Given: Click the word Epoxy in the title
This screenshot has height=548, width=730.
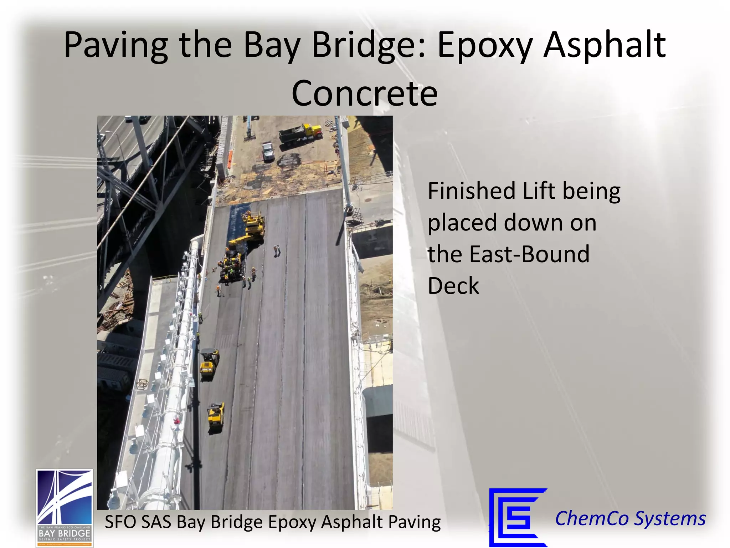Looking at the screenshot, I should tap(485, 46).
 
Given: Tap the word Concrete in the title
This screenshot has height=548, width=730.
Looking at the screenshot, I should tap(364, 93).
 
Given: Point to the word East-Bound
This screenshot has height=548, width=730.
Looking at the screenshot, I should tap(529, 254).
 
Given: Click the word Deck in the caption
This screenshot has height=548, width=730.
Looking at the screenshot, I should tap(453, 286).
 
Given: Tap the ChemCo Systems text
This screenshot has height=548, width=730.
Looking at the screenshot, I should tap(630, 518).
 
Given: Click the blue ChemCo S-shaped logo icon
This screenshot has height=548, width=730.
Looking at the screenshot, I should tap(518, 517).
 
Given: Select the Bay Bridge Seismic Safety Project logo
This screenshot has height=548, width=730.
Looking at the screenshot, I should tap(65, 508).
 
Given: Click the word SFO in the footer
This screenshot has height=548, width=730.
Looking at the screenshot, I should tap(120, 522).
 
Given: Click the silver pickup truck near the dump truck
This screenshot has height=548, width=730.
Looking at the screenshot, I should tap(268, 151).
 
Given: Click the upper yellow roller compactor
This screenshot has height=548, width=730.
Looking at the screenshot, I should tap(209, 362).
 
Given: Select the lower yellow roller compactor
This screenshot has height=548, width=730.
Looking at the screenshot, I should tap(216, 416).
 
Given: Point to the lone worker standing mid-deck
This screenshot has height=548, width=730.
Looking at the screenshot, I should tap(277, 250).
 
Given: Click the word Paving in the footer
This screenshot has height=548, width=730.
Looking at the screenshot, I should tap(414, 522).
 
